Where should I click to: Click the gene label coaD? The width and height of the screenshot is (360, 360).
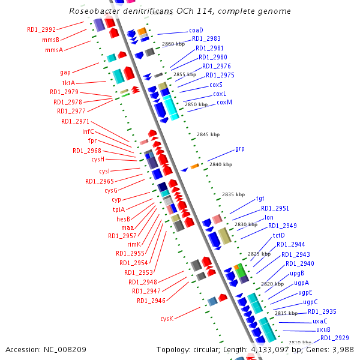[x=196, y=30]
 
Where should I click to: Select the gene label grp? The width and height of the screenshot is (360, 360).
[x=240, y=148]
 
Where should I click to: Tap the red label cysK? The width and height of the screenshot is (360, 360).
[x=167, y=319]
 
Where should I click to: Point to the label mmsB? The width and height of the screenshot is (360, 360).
[x=50, y=40]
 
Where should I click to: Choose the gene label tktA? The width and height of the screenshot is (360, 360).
[x=68, y=83]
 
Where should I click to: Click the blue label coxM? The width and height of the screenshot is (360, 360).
[x=224, y=103]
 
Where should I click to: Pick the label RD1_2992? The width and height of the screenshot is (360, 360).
[x=41, y=29]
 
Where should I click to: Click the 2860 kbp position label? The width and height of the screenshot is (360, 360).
[x=174, y=44]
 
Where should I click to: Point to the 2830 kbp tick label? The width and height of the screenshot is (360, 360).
[x=246, y=224]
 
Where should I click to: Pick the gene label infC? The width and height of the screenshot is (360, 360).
[x=88, y=131]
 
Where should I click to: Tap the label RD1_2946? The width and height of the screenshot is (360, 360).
[x=151, y=301]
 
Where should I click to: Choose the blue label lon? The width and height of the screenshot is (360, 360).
[x=269, y=217]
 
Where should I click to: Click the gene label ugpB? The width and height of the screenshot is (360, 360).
[x=298, y=273]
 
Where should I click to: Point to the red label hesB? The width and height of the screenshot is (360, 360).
[x=124, y=219]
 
